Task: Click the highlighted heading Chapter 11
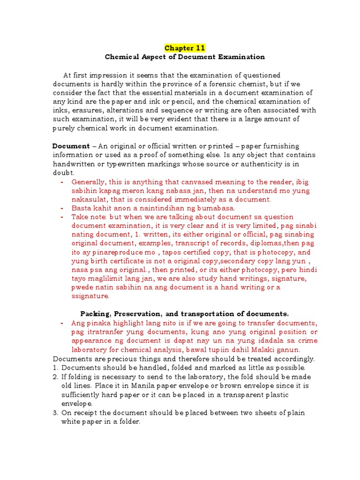coord(185,48)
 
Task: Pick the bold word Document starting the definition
coord(71,146)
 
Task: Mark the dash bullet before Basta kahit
coord(62,208)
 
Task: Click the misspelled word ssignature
coord(90,297)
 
